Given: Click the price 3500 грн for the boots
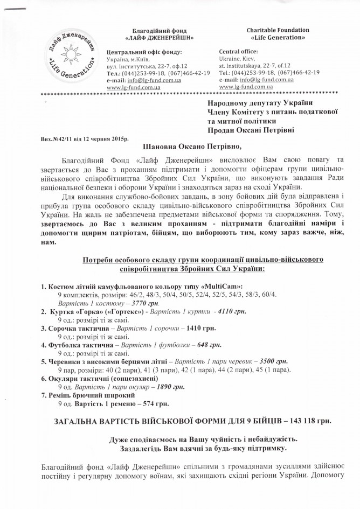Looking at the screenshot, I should point(274,360).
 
